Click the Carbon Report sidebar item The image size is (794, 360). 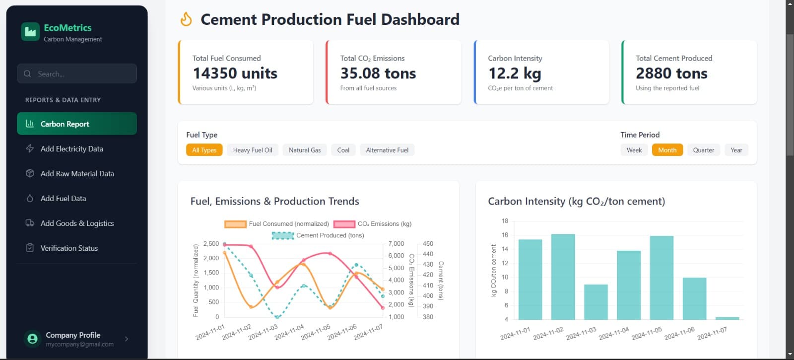coord(76,124)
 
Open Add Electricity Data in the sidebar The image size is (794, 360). coord(71,148)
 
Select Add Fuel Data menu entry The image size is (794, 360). coord(63,198)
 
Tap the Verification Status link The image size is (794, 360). coord(69,248)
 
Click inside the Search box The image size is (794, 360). coord(77,73)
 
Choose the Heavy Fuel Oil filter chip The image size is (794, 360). coord(253,150)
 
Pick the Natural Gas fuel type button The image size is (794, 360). coord(305,150)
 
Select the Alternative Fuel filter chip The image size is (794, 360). coord(387,150)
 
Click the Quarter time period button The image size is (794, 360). coord(703,150)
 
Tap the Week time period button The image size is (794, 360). coord(634,150)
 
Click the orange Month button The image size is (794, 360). coord(667,150)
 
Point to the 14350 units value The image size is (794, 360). coord(235,73)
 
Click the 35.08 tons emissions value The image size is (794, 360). coord(378,73)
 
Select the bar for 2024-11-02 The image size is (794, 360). coord(563,277)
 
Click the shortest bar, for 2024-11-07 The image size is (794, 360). coord(727,318)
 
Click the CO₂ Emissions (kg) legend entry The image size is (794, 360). coord(373,224)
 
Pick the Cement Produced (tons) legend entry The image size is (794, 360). coord(318,235)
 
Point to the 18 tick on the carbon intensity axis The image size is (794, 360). coord(505,221)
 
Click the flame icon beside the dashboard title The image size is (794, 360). coord(186,19)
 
